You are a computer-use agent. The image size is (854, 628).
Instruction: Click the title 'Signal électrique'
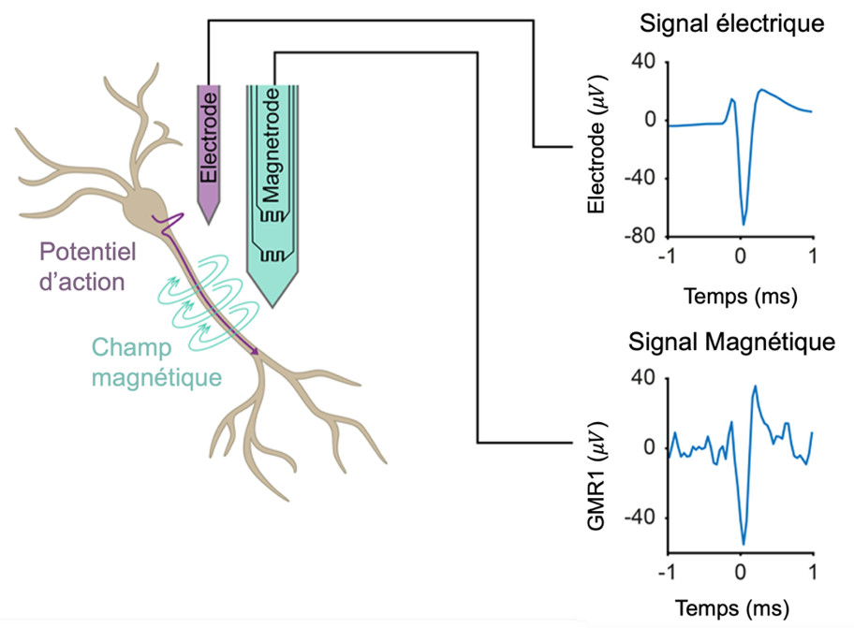pos(731,24)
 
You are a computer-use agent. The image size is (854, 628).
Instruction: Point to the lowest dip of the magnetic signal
pos(744,544)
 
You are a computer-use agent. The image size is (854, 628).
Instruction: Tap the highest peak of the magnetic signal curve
pos(755,386)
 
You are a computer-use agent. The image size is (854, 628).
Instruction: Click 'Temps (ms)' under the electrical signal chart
pos(740,299)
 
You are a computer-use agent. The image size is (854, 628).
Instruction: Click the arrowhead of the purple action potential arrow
pos(255,353)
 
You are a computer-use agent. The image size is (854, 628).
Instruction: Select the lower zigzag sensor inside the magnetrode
pos(272,256)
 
